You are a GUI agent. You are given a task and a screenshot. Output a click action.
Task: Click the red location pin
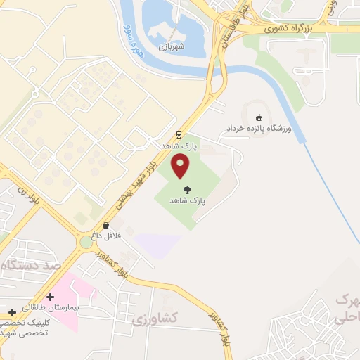tap(181, 165)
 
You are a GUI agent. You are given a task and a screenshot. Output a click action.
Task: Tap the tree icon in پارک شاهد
tap(187, 189)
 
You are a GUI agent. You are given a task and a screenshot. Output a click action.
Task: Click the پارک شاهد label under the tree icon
tap(187, 200)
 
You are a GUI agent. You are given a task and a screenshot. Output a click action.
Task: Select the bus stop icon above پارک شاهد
tap(179, 135)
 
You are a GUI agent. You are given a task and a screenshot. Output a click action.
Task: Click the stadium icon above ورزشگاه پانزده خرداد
tap(259, 117)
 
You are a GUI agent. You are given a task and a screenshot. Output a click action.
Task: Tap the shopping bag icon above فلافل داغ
tap(106, 226)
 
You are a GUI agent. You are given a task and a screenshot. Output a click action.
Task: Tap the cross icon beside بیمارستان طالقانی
tap(50, 297)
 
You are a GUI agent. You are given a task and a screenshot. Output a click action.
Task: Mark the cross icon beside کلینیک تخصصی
tap(12, 311)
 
